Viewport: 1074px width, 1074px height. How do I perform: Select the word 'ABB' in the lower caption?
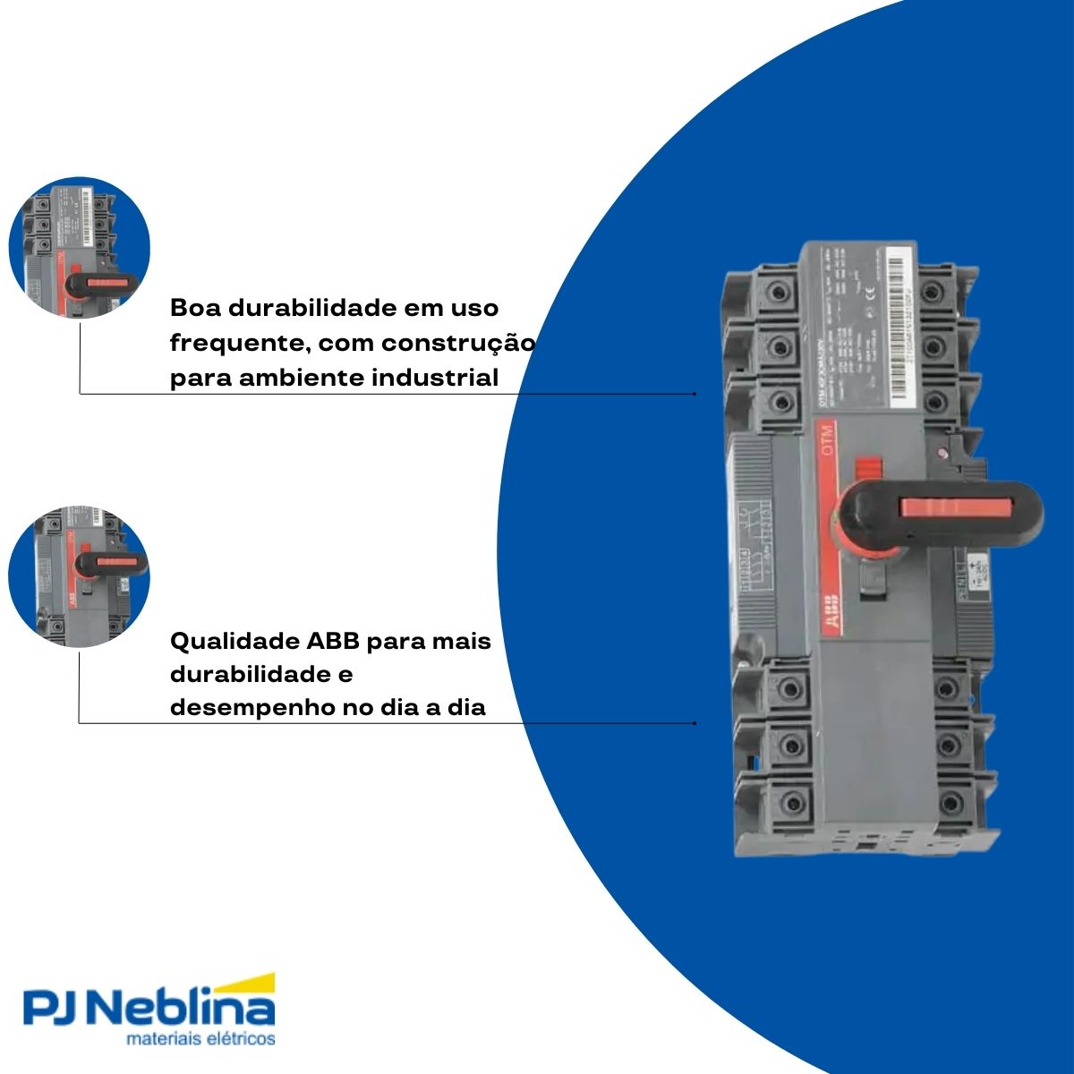click(x=334, y=642)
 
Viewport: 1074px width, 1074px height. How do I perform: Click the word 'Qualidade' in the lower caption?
click(x=234, y=642)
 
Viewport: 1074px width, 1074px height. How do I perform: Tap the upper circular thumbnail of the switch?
click(x=79, y=247)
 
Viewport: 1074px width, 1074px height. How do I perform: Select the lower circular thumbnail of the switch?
click(x=79, y=577)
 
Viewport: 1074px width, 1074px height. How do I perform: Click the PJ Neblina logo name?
click(x=148, y=1009)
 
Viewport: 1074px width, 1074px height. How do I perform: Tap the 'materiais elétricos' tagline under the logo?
click(x=201, y=1040)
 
